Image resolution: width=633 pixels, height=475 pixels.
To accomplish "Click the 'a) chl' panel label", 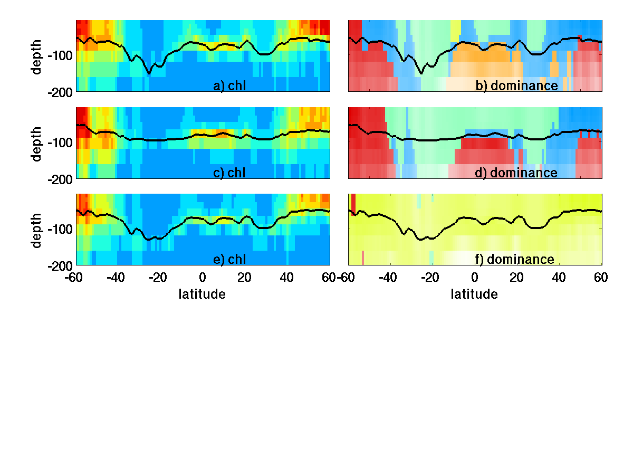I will [x=229, y=86].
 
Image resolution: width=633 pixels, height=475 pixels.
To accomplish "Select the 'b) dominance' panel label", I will [x=516, y=86].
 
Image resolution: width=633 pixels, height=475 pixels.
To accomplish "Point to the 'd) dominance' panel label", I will [x=516, y=173].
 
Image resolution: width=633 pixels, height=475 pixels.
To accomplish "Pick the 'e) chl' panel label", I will [x=229, y=259].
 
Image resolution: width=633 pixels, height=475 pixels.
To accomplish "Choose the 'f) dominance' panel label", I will [x=514, y=259].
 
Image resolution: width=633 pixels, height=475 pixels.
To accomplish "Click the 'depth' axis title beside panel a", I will [x=37, y=56].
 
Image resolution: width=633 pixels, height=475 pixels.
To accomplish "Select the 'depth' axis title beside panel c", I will [x=37, y=142].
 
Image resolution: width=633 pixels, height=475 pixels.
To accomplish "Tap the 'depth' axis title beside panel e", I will [x=37, y=229].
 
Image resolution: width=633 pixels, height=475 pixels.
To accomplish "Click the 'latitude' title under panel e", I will [x=203, y=294].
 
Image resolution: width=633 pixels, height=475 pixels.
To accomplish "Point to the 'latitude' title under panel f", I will [x=474, y=294].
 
